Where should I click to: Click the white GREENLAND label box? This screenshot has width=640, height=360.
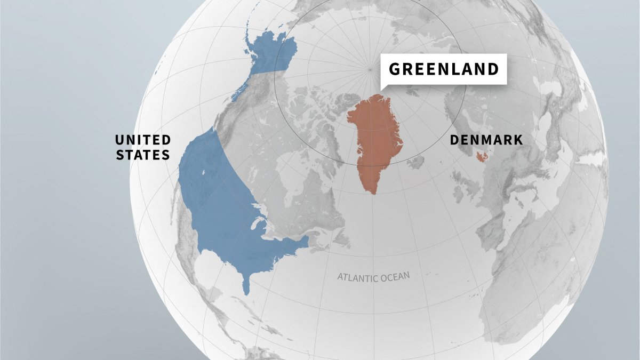[x=443, y=69]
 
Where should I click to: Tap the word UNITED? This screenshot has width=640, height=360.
[x=143, y=140]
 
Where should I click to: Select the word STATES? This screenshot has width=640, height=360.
[x=143, y=155]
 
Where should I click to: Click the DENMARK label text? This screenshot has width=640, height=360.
[x=486, y=140]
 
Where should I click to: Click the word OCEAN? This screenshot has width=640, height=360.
[x=395, y=276]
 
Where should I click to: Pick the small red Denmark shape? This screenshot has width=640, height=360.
[x=483, y=156]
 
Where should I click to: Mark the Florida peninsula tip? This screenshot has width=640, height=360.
[x=246, y=291]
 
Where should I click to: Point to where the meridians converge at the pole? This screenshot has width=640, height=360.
[x=370, y=69]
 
